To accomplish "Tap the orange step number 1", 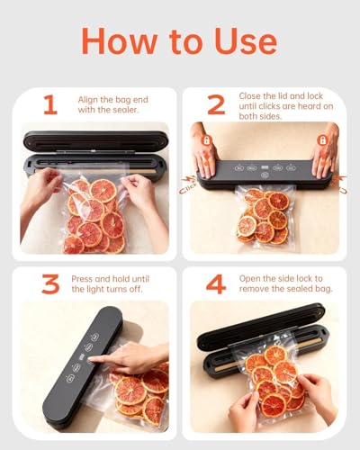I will tap(50, 105).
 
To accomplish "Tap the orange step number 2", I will tap(216, 105).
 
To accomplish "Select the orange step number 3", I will tap(50, 285).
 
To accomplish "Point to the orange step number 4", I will tap(216, 285).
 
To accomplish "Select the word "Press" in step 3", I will tap(83, 279).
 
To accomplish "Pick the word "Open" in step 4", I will tap(251, 279).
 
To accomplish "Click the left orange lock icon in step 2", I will tap(205, 141).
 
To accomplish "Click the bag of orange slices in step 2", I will tap(262, 216).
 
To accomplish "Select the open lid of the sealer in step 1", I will tap(94, 140).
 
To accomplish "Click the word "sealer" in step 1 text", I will tap(130, 111).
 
